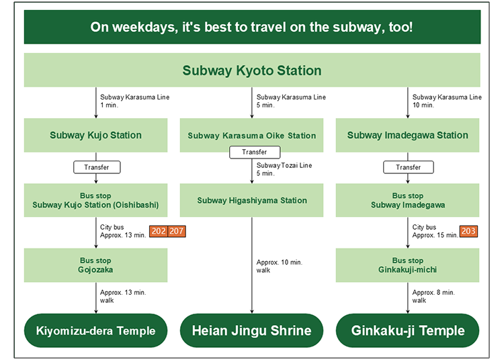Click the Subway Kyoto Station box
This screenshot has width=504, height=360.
252,70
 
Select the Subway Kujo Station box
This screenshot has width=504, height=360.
96,135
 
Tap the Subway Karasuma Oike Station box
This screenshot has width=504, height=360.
252,135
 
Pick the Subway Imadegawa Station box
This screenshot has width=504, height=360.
408,135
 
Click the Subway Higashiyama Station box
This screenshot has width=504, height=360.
252,200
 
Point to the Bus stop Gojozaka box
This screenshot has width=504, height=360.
96,265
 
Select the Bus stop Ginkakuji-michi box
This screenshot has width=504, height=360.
408,265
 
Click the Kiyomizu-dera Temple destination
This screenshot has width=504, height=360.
96,330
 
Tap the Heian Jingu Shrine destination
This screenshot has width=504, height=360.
252,330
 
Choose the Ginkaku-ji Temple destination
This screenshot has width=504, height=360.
408,330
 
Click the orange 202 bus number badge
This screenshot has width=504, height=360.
159,231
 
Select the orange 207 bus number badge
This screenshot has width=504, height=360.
177,231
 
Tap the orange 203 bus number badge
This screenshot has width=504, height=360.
468,231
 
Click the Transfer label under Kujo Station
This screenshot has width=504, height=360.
97,167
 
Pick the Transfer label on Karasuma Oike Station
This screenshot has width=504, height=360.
255,152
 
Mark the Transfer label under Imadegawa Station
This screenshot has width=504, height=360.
409,167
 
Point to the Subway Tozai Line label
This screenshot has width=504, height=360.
284,165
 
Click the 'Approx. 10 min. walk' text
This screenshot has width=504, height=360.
280,266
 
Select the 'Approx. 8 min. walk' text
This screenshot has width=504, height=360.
433,296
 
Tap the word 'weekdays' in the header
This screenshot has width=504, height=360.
145,28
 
